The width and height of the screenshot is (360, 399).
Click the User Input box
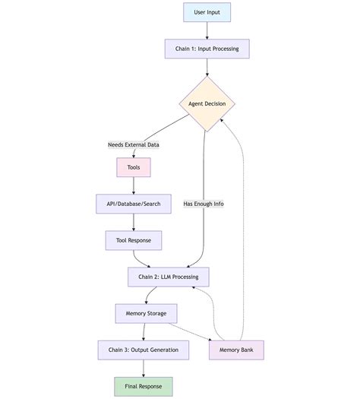(207, 12)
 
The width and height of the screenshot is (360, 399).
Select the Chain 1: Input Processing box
(207, 49)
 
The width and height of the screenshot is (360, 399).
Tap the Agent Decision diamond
(207, 103)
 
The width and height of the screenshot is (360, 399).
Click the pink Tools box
(134, 167)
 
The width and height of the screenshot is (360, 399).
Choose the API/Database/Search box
(134, 204)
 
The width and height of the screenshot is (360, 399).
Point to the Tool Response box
(134, 240)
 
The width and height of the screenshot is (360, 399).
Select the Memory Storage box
(146, 313)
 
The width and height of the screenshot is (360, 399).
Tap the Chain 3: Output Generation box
(143, 350)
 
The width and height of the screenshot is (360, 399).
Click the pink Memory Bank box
(236, 350)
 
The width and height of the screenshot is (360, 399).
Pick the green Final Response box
(143, 386)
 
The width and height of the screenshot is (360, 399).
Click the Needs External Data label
(134, 144)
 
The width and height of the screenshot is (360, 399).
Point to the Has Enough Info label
(204, 204)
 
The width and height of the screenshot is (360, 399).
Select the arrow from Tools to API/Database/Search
(134, 185)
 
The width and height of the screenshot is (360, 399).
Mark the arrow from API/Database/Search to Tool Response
(134, 222)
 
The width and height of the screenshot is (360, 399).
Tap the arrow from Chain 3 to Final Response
(143, 368)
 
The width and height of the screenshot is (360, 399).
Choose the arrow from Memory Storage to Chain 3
(144, 331)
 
